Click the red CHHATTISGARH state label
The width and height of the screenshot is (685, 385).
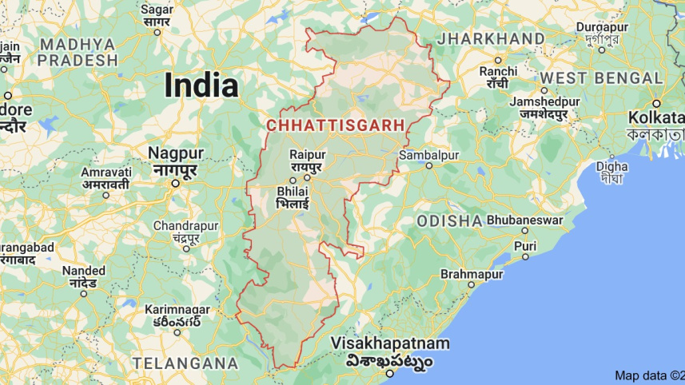(x=335, y=125)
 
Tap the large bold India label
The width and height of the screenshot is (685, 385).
(x=201, y=85)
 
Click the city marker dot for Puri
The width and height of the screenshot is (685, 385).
(x=525, y=256)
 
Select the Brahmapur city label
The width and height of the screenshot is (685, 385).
(x=472, y=275)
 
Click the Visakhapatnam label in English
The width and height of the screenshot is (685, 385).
(x=392, y=343)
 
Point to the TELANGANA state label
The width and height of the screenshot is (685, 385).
(x=185, y=363)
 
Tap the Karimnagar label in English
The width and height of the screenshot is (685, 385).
(x=177, y=309)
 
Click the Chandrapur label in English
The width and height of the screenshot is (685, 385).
(x=185, y=225)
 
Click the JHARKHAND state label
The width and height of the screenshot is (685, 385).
(x=491, y=38)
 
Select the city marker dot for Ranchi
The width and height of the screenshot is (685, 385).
(x=498, y=60)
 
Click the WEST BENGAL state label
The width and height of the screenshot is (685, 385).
(x=602, y=78)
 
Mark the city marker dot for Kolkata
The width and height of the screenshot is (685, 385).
(x=656, y=103)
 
